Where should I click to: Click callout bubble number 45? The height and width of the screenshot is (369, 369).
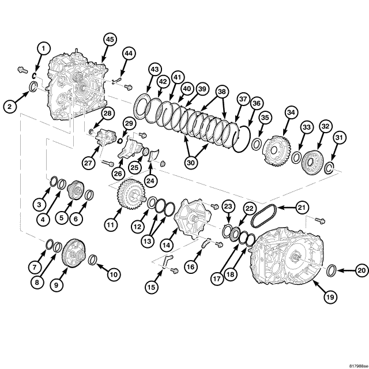pos(110,39)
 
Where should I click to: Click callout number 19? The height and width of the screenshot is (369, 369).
pos(329,297)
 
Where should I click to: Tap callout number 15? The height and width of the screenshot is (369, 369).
pos(152,287)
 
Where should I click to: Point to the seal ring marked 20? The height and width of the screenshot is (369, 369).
pos(333,270)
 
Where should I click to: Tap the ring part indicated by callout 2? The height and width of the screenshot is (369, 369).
pos(35,88)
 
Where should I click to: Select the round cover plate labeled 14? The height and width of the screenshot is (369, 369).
pos(190,217)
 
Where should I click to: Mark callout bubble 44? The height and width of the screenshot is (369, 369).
pos(128,54)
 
